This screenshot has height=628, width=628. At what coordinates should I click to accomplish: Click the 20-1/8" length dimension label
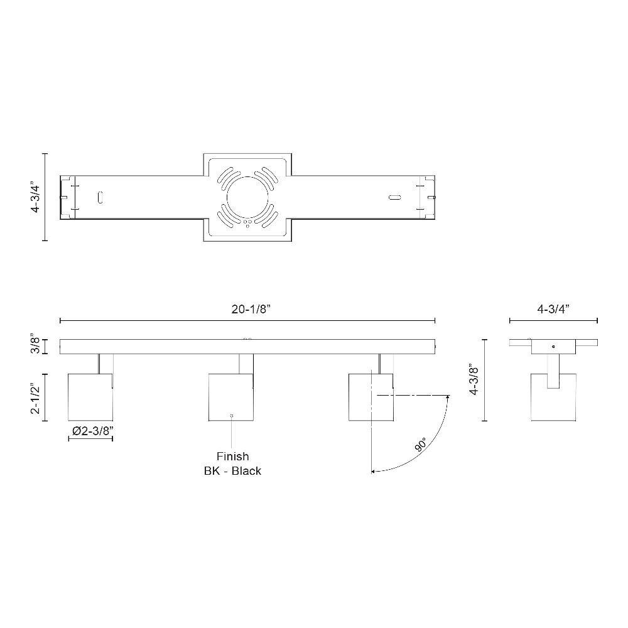coord(251,309)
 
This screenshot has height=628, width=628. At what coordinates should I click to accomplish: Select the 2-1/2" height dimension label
coord(36,398)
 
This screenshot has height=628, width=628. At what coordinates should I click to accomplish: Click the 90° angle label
coord(421,445)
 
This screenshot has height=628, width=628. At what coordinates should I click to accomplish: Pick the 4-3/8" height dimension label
coord(474,380)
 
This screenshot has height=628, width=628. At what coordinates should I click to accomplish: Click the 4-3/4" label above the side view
coord(553,309)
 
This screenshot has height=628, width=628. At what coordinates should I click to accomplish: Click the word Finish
coord(233,456)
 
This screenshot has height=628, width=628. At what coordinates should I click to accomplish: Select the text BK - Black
coord(233,470)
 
